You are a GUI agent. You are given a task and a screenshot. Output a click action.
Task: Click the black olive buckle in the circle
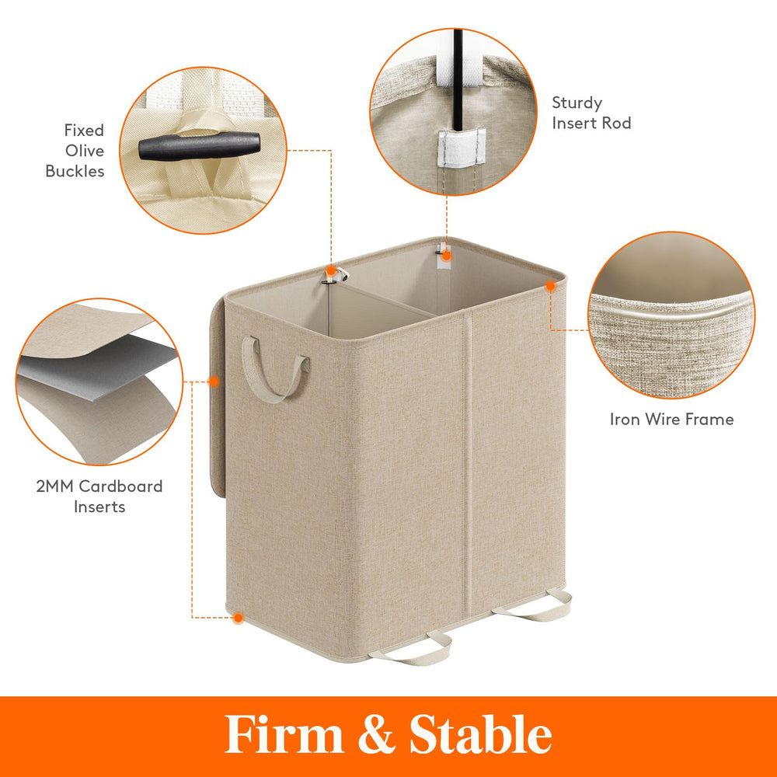pos(199,146)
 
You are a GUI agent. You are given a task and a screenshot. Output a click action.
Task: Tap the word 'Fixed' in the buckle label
pos(84,131)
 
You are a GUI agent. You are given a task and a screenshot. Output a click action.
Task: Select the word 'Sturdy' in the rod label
pos(577,103)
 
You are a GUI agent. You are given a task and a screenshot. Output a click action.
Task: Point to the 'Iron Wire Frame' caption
pos(671,420)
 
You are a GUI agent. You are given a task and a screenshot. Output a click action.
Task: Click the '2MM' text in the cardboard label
pos(55,486)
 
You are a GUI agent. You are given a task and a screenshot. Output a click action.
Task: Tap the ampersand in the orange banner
pos(377,735)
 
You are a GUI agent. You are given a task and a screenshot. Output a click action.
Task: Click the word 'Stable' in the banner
pos(481,734)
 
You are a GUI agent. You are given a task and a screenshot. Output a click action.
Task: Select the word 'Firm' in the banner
pos(284,735)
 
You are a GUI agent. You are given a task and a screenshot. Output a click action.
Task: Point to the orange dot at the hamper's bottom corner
pos(239,618)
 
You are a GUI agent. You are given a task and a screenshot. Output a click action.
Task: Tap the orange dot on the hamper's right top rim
pos(550,286)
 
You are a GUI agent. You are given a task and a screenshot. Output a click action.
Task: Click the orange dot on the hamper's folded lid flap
pos(213,381)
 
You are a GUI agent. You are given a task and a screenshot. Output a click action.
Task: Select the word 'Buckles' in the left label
pos(75,171)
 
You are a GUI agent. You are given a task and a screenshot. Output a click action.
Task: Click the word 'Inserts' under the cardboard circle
pos(99,507)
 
